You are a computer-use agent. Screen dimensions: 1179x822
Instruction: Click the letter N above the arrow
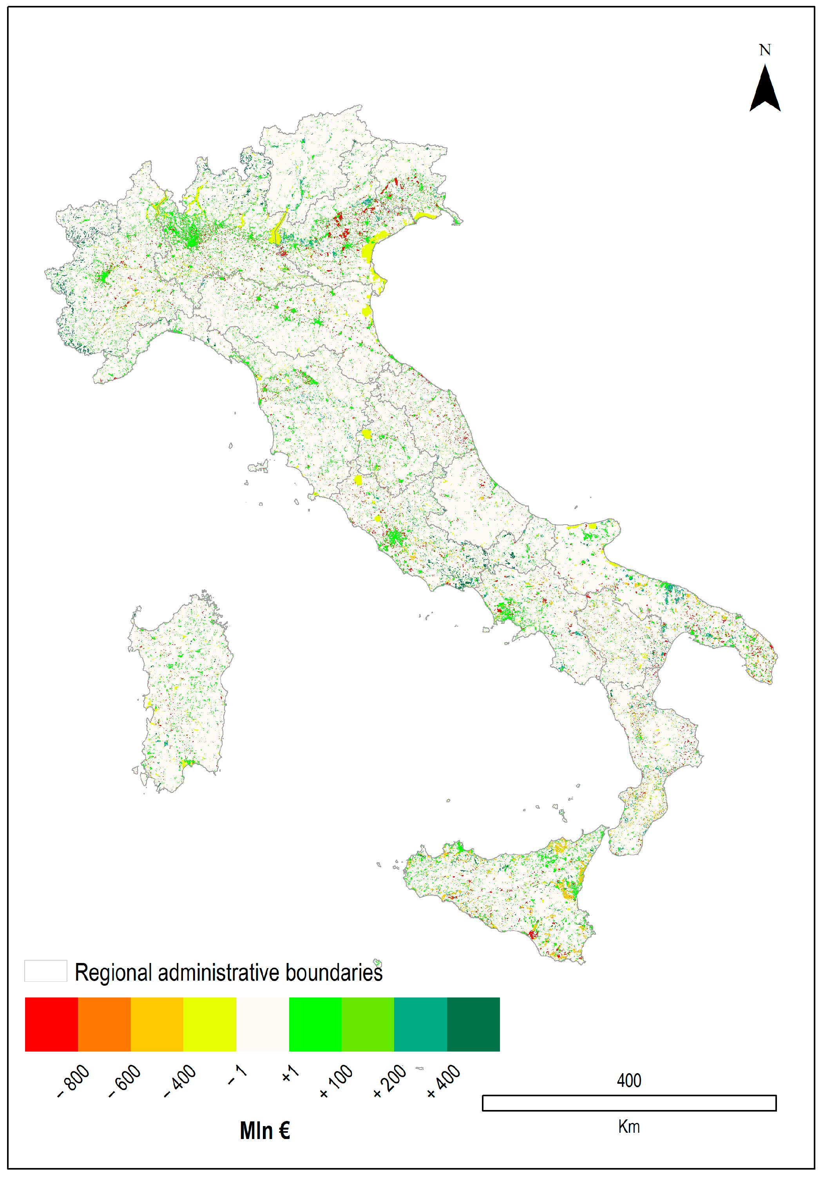[764, 50]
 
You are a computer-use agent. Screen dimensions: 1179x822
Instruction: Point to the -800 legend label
[73, 1081]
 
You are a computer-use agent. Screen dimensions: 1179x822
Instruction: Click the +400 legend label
[444, 1081]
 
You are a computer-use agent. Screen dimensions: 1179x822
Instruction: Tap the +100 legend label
[336, 1081]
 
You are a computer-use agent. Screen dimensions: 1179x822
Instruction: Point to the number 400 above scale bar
[628, 1081]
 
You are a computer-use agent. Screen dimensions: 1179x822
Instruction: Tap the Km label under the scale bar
[628, 1126]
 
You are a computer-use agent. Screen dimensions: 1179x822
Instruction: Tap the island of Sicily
[503, 894]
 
